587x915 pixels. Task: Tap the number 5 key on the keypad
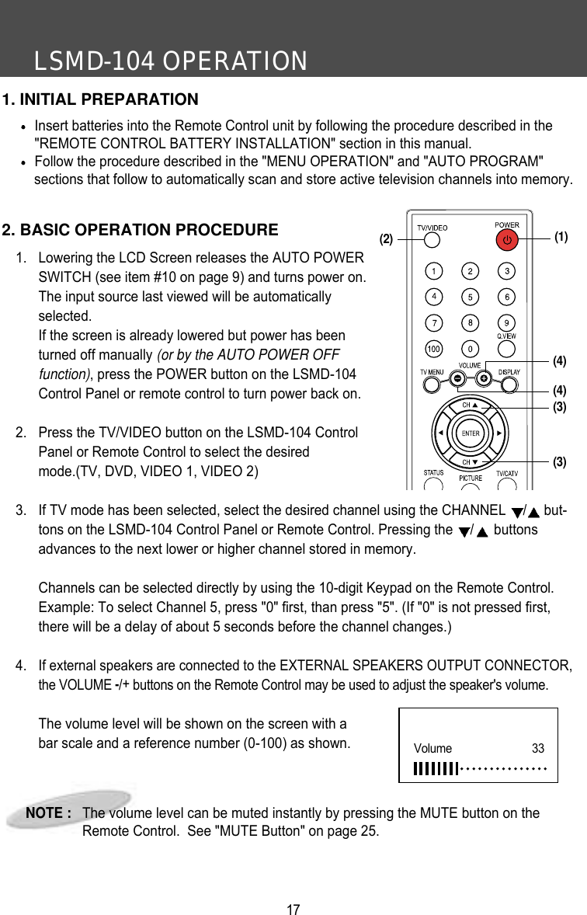pos(470,297)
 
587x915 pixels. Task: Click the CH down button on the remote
pos(471,458)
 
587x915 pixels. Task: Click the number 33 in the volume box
pos(537,749)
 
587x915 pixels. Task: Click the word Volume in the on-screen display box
pos(432,749)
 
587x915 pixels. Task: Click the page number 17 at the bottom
pos(293,909)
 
